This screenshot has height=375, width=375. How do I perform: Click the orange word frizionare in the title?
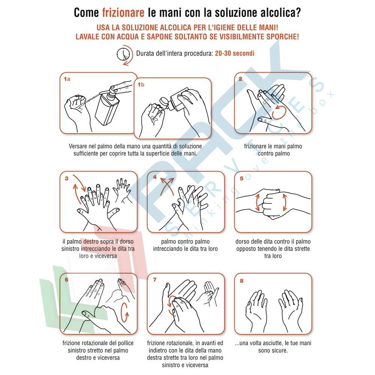(123, 13)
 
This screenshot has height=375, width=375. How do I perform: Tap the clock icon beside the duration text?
(123, 55)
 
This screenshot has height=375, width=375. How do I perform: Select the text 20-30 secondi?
(235, 53)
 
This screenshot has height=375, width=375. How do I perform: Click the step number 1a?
(67, 79)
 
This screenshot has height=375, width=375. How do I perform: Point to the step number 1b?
(141, 84)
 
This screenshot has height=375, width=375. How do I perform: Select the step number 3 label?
(66, 178)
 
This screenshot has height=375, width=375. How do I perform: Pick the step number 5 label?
(242, 178)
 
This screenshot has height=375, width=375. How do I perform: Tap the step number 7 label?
(155, 279)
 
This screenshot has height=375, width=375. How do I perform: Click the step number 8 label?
(242, 281)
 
